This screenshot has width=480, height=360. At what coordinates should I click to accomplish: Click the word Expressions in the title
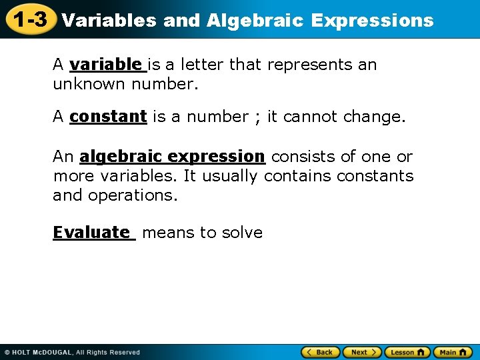(x=372, y=21)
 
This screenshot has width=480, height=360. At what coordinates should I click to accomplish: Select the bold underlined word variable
(x=105, y=65)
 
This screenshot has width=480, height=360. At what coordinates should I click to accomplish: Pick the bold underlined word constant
(x=108, y=117)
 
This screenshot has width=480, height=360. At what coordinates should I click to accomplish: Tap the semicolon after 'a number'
(x=257, y=117)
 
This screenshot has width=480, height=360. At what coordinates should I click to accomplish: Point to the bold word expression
(x=217, y=157)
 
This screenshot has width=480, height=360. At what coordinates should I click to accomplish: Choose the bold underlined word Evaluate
(x=92, y=233)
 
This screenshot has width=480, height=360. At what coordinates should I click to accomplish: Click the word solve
(x=245, y=233)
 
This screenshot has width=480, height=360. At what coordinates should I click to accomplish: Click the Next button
(x=363, y=352)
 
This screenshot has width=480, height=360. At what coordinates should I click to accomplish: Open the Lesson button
(x=407, y=352)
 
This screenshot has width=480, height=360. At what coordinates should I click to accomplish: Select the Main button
(x=453, y=352)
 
